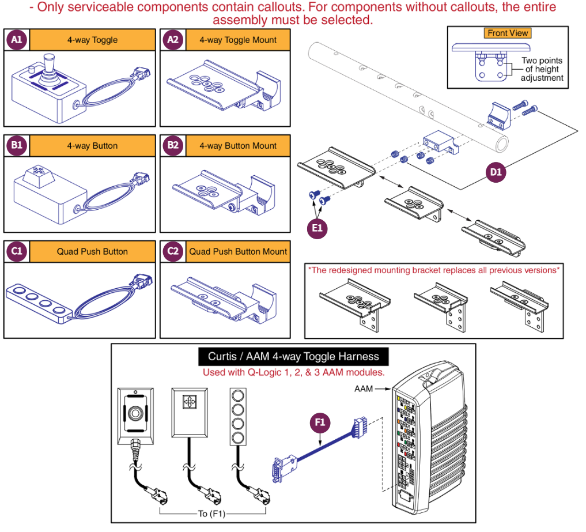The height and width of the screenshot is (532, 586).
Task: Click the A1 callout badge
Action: (17, 40)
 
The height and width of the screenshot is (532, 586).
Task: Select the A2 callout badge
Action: (172, 40)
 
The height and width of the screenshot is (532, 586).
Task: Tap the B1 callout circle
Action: (17, 145)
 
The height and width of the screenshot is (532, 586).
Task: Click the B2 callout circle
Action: (172, 145)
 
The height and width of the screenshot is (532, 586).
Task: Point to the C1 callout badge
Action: (17, 251)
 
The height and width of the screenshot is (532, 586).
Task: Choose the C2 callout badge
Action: (172, 251)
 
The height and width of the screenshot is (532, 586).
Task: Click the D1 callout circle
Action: (496, 172)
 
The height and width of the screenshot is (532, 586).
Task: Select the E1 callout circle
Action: (317, 228)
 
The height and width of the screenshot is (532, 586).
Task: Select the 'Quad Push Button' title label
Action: (92, 252)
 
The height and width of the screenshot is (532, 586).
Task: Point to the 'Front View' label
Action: (508, 33)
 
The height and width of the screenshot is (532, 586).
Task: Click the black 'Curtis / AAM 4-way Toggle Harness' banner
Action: (293, 357)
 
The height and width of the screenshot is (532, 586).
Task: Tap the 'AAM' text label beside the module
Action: (363, 389)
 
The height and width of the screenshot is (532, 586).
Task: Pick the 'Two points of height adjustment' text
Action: (542, 69)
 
